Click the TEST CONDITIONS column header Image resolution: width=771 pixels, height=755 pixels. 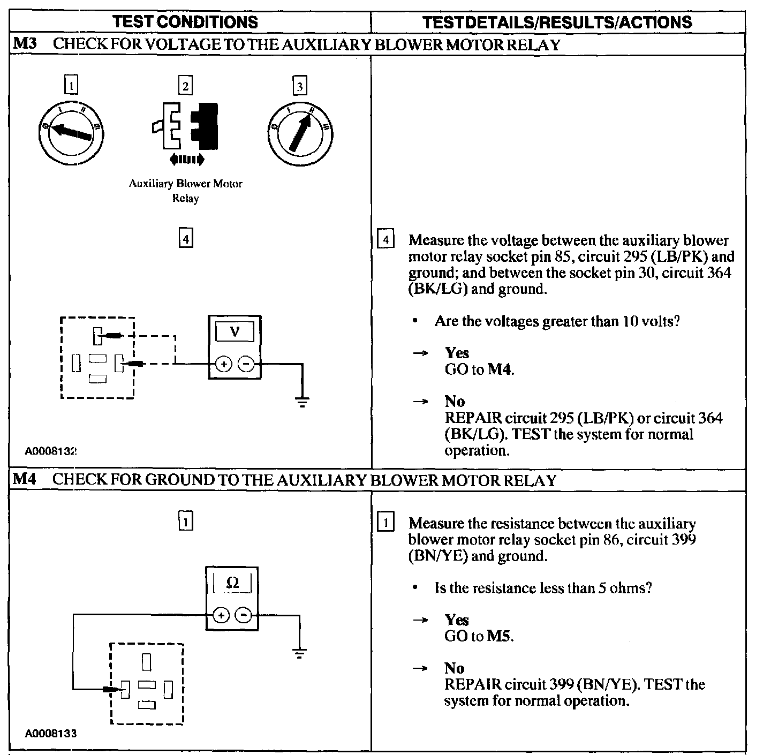(x=186, y=22)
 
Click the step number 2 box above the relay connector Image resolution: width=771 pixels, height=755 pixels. (x=185, y=86)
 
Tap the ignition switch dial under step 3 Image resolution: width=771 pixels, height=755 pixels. (x=300, y=132)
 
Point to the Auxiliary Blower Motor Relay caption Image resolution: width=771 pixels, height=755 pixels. (x=186, y=191)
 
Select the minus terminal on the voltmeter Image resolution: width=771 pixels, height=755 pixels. (x=246, y=364)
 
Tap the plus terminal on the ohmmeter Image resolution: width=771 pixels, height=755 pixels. (x=221, y=616)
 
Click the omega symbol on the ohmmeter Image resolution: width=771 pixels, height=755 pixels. (x=232, y=583)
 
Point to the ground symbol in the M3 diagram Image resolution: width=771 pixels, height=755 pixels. (x=303, y=402)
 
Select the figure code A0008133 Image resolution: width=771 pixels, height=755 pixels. (x=51, y=734)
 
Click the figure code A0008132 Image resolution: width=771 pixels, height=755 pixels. (x=51, y=451)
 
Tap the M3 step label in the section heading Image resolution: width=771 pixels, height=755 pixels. (x=25, y=44)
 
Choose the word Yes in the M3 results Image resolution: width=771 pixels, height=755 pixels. (x=457, y=353)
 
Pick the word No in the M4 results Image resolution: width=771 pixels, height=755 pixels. (x=454, y=668)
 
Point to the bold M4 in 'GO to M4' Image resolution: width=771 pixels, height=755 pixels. (x=500, y=369)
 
